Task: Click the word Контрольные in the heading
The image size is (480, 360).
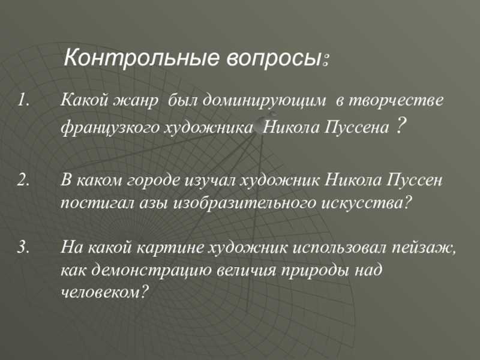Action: pyautogui.click(x=142, y=58)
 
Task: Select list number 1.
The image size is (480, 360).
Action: pyautogui.click(x=23, y=100)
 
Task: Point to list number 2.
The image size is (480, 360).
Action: pyautogui.click(x=23, y=181)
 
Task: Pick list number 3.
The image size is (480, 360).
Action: pyautogui.click(x=23, y=247)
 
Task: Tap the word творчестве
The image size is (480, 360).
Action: pyautogui.click(x=389, y=100)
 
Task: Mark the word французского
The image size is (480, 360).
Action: pyautogui.click(x=110, y=127)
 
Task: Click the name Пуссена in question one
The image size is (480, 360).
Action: pyautogui.click(x=356, y=127)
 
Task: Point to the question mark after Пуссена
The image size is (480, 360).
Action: pyautogui.click(x=400, y=126)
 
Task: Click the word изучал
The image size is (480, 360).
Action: pyautogui.click(x=209, y=181)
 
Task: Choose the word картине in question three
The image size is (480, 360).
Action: pyautogui.click(x=170, y=248)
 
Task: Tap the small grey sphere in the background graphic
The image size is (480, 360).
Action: pyautogui.click(x=261, y=125)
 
